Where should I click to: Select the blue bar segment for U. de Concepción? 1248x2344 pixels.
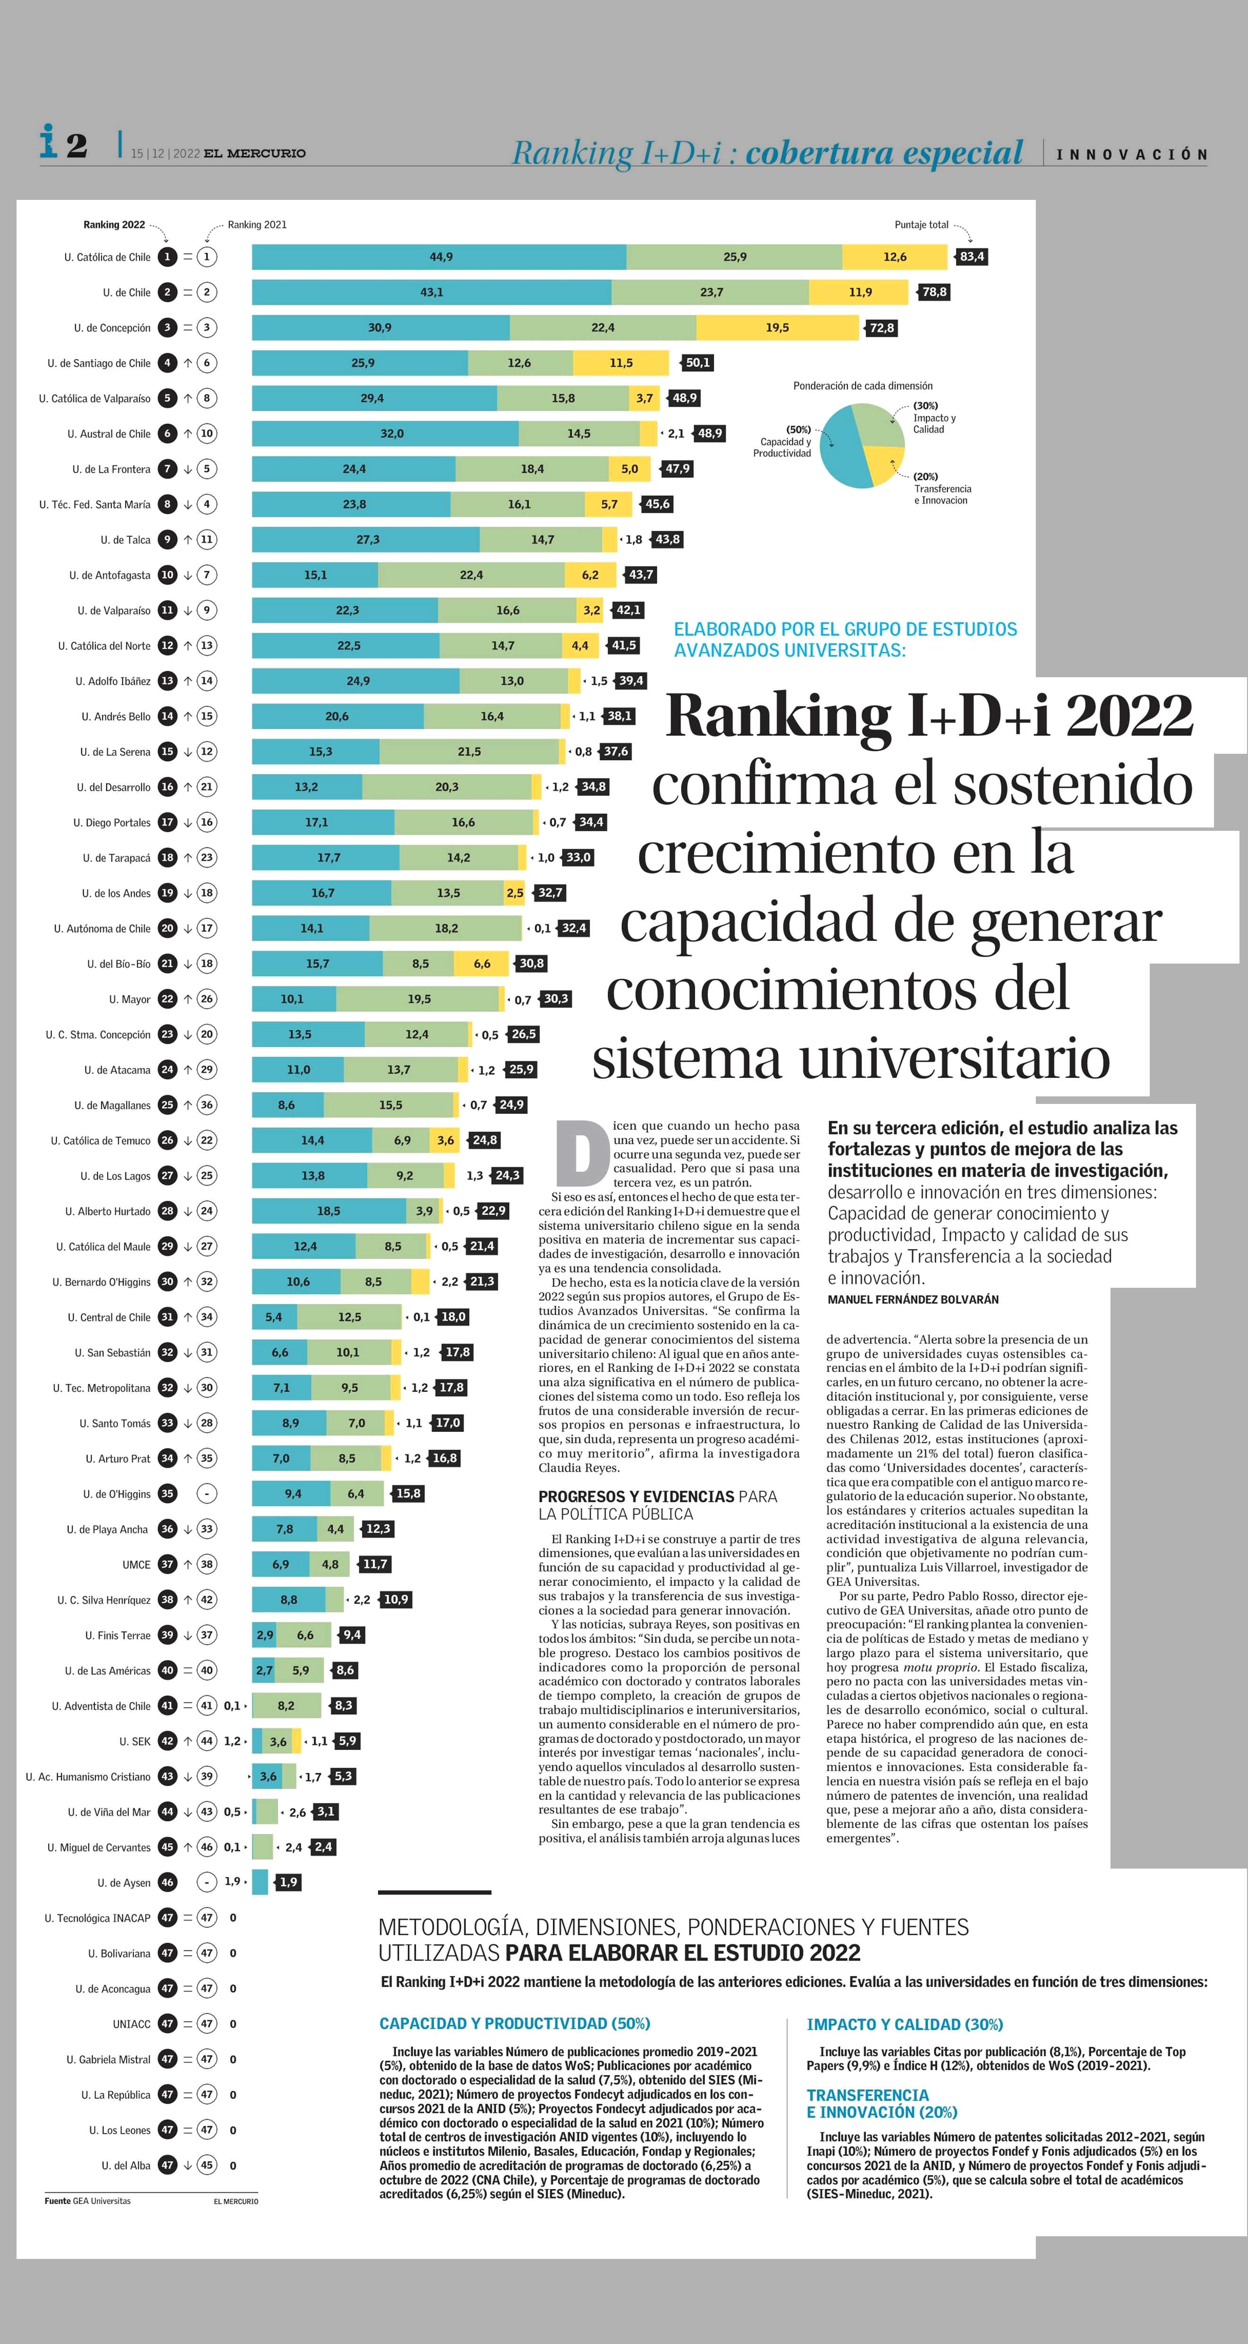pyautogui.click(x=380, y=327)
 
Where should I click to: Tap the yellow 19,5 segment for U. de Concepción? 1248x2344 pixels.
pyautogui.click(x=777, y=327)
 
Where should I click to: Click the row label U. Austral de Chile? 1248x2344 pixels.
pyautogui.click(x=108, y=434)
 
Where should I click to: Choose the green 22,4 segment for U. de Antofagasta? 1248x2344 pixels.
pyautogui.click(x=471, y=575)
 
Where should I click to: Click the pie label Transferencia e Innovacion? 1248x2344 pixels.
pyautogui.click(x=942, y=494)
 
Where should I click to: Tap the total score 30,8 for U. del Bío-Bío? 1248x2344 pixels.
pyautogui.click(x=531, y=964)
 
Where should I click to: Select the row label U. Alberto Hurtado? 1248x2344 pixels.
pyautogui.click(x=107, y=1211)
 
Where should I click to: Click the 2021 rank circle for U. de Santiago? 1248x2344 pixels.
pyautogui.click(x=207, y=363)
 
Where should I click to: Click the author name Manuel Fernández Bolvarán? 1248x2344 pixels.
pyautogui.click(x=912, y=1300)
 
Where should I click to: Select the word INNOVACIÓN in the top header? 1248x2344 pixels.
pyautogui.click(x=1132, y=155)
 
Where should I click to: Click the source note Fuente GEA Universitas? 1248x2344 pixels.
pyautogui.click(x=87, y=2201)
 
